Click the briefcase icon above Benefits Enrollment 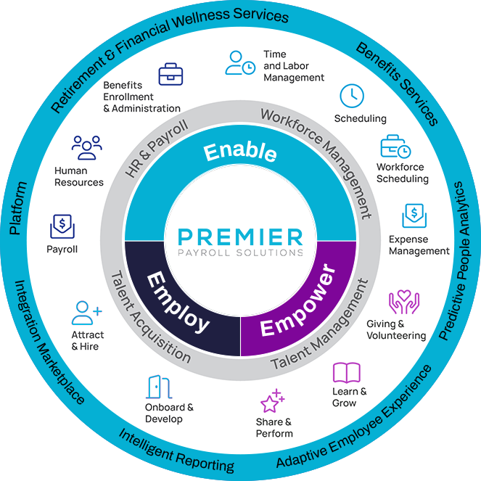[170, 73]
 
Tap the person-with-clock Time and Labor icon [239, 62]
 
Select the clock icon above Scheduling [352, 96]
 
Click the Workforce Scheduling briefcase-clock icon [395, 147]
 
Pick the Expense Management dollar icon [414, 216]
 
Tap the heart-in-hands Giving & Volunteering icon [404, 303]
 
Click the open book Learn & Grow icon [346, 373]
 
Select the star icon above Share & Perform [272, 402]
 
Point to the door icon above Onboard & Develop [155, 387]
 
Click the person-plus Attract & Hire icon [87, 313]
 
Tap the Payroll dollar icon [62, 226]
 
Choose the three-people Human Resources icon [86, 148]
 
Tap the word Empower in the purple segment [297, 303]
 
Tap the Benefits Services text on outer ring [397, 84]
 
